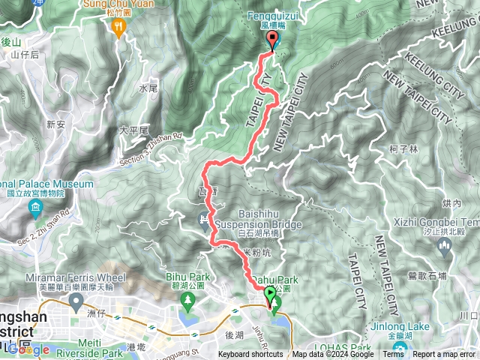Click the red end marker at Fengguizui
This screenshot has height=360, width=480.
point(272,41)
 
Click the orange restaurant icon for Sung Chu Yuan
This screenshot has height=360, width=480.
point(118,28)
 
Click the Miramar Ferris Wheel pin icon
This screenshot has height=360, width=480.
point(76,301)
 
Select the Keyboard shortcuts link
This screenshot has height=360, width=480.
point(250,355)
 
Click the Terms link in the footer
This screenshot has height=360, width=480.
point(393,355)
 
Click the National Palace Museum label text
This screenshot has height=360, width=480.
point(46,184)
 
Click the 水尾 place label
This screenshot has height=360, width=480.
point(148,88)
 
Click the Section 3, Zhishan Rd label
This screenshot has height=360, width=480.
point(151,149)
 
